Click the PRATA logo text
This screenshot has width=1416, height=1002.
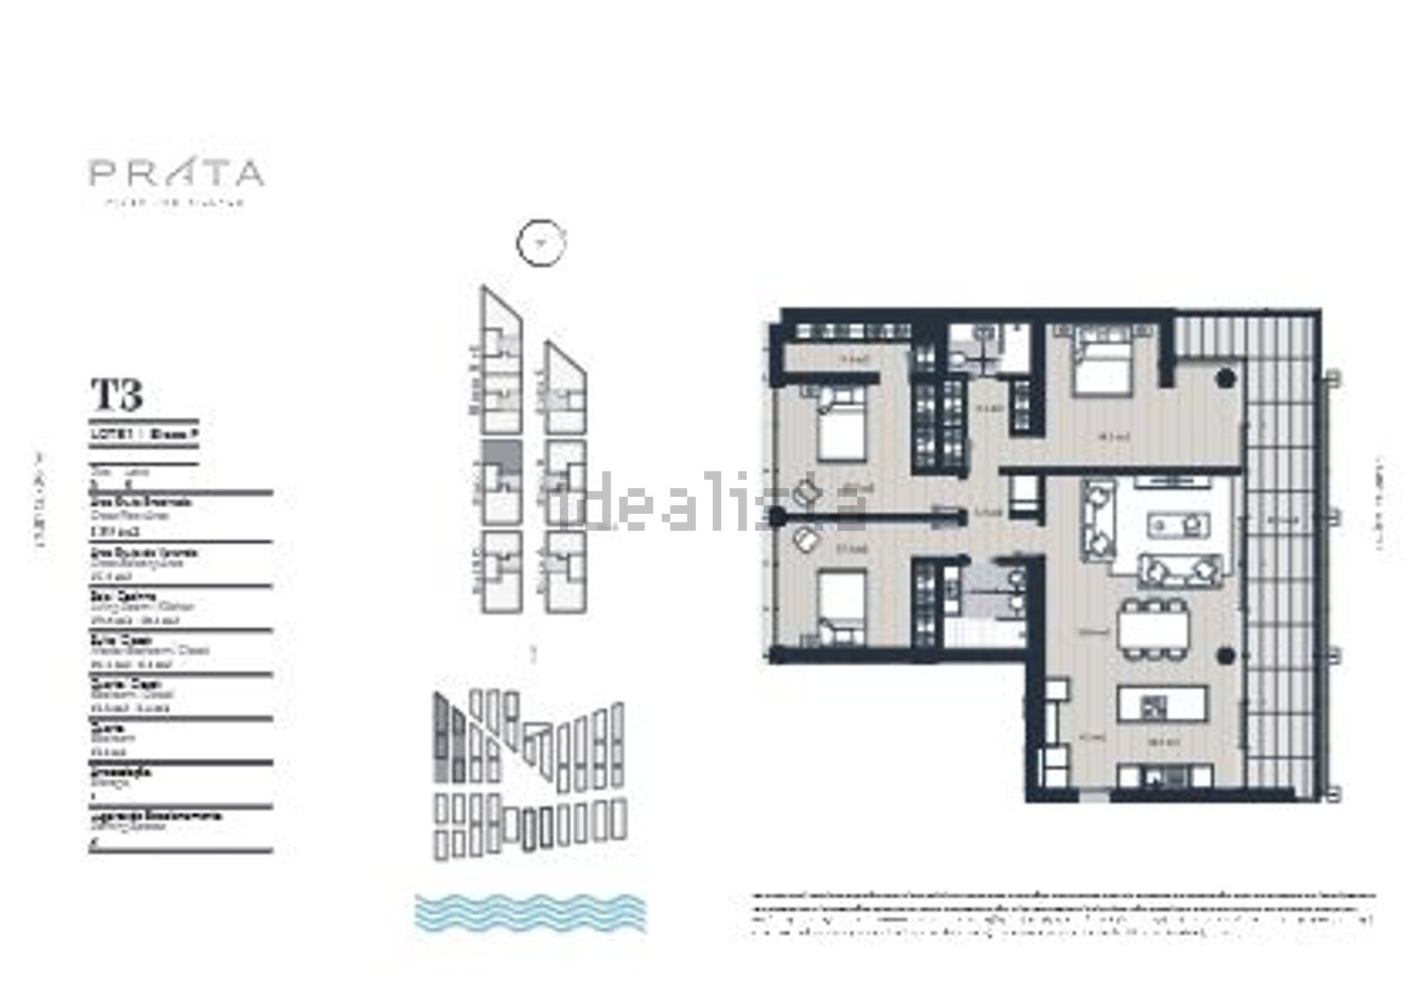point(177,174)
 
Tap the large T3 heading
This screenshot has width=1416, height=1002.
point(116,394)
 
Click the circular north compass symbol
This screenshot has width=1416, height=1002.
point(541,244)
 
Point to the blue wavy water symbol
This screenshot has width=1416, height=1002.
point(531,912)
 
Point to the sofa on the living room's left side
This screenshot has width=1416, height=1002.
point(1098,518)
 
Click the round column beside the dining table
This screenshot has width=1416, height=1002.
point(1226,652)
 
